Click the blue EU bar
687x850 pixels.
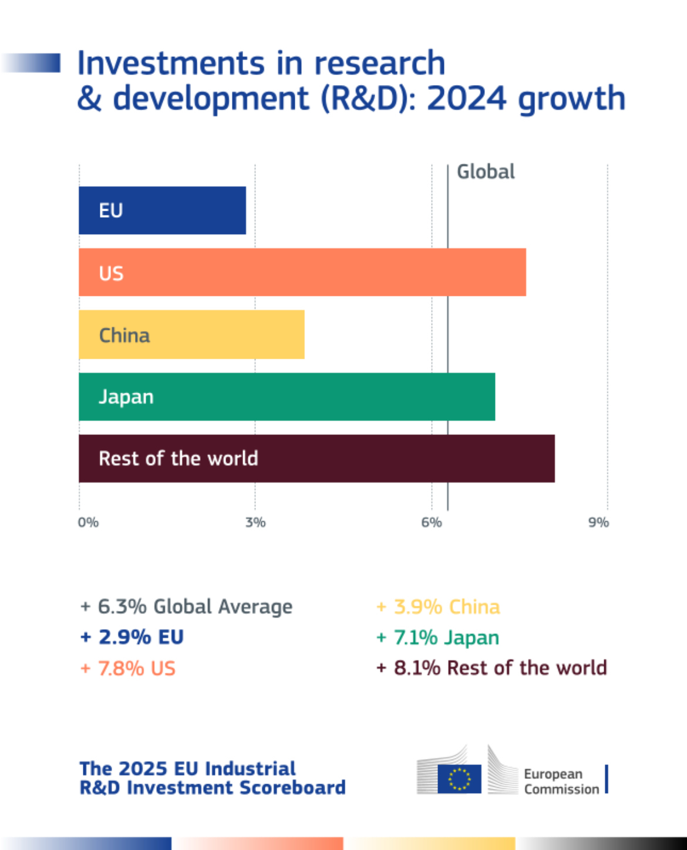[162, 210]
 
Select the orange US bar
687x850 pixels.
[302, 272]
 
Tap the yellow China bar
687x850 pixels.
[191, 335]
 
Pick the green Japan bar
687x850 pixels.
[287, 397]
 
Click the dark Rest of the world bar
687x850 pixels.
[316, 458]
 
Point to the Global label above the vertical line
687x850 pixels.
[486, 172]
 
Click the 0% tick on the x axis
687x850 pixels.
[88, 522]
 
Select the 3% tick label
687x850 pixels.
[255, 522]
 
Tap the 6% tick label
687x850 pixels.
[432, 522]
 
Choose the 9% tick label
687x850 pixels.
[598, 522]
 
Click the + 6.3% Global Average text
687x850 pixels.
[186, 606]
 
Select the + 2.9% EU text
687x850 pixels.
[132, 637]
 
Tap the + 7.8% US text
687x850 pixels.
[128, 668]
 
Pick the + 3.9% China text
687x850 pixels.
[438, 606]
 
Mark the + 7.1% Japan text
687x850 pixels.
[438, 637]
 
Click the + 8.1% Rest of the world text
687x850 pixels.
[491, 668]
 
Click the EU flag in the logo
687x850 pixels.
[459, 779]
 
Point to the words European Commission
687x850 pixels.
[561, 781]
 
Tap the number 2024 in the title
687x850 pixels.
[467, 98]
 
